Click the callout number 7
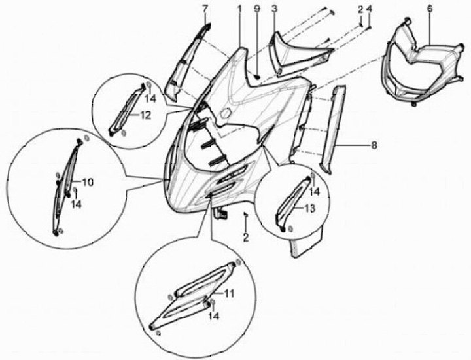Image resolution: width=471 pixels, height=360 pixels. coord(205,9)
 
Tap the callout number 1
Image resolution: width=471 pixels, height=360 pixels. coord(239,9)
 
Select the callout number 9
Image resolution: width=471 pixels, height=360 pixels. coord(257,9)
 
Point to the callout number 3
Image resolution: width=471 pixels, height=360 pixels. coord(274,9)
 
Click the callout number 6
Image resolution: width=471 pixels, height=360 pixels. coord(430,9)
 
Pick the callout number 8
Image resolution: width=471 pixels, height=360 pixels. coord(374,145)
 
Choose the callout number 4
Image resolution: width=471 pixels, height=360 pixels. coord(369,9)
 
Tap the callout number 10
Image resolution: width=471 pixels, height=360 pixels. coord(88,182)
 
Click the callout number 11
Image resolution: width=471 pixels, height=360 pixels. coord(229,293)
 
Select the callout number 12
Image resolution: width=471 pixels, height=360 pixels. coord(145,115)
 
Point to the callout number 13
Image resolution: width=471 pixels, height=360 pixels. coord(309,207)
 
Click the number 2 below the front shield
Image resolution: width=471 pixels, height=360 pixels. coord(246,238)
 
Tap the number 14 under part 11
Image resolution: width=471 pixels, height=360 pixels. coord(213,315)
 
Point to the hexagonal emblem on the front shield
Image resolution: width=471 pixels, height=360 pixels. coord(226,114)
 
